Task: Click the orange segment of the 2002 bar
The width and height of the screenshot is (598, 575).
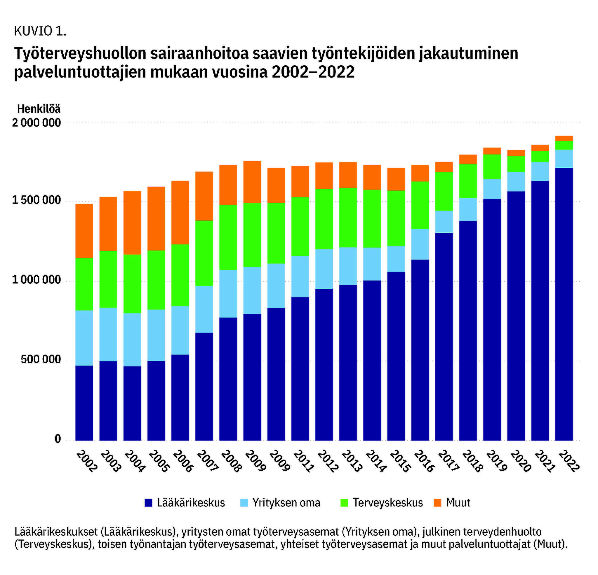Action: tap(84, 231)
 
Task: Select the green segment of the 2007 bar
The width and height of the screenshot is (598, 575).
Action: tap(204, 253)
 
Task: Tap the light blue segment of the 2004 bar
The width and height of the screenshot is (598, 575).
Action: tap(132, 340)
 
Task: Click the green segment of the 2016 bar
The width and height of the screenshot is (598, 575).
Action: tap(420, 205)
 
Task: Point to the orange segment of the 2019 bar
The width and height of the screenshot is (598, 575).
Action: tap(492, 151)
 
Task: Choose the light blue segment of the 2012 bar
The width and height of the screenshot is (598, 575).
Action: tap(324, 269)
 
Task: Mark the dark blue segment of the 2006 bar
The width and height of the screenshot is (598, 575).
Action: tap(180, 397)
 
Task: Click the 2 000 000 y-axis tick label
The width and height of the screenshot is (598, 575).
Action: tap(36, 123)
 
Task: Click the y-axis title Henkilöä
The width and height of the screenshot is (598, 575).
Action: tap(39, 109)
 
